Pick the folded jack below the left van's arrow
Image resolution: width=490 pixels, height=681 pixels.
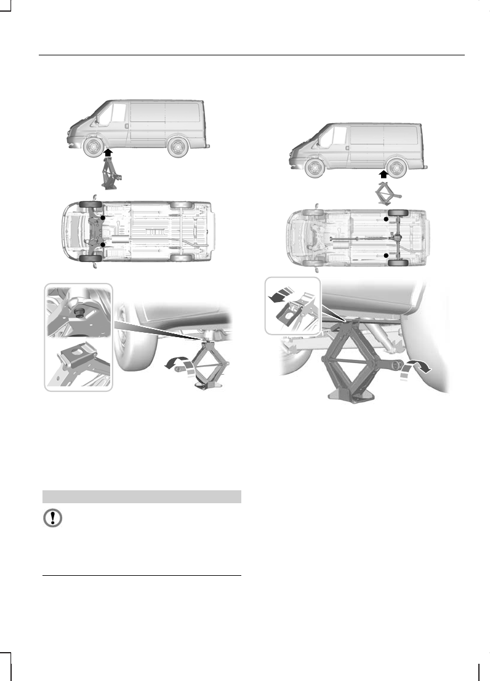pos(110,173)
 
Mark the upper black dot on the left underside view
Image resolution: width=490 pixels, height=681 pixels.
pos(103,218)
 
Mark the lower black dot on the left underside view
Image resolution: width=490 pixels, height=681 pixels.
pos(103,244)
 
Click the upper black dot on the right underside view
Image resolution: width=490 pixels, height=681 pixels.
pos(387,218)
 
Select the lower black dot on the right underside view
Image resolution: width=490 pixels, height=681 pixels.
pos(387,253)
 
